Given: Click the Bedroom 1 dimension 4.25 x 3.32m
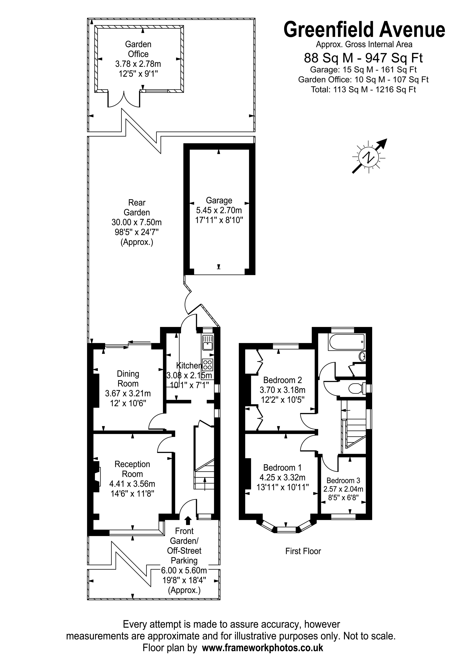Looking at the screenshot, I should click(x=282, y=477).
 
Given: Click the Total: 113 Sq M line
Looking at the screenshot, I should click(x=363, y=89).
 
